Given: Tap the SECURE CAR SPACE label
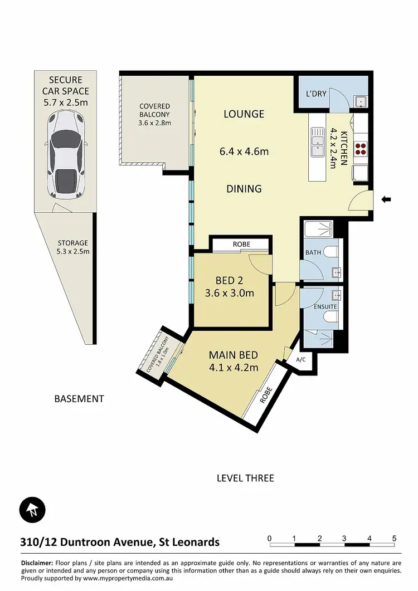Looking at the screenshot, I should tap(66, 91).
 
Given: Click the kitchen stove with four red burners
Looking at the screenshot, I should tap(361, 148).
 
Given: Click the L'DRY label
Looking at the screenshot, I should tap(317, 94).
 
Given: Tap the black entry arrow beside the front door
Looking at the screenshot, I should tap(386, 199).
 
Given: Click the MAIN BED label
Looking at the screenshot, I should tap(234, 355).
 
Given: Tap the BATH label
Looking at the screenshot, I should tap(313, 253).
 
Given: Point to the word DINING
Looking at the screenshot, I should tap(244, 189).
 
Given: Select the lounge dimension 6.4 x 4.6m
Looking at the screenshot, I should tap(244, 151).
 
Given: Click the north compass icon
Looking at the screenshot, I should tap(32, 509).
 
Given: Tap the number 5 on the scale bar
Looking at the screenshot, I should tap(395, 538).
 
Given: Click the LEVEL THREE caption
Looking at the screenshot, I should tap(245, 478).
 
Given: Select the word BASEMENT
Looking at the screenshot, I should tap(79, 399).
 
